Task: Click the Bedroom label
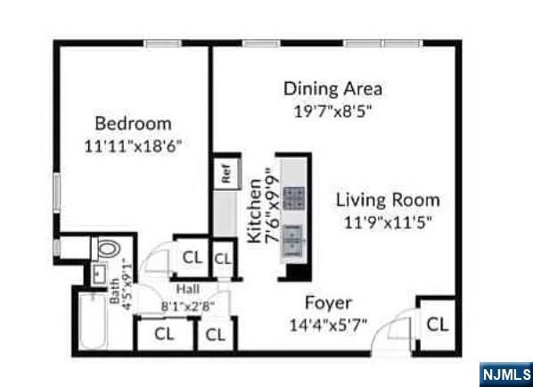click(134, 123)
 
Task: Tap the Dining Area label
click(332, 88)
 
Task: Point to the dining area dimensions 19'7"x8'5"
click(332, 111)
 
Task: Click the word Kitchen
click(255, 210)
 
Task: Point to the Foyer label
click(328, 302)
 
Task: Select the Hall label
click(187, 289)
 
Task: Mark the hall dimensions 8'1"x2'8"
click(187, 306)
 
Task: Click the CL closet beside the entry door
click(436, 325)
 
